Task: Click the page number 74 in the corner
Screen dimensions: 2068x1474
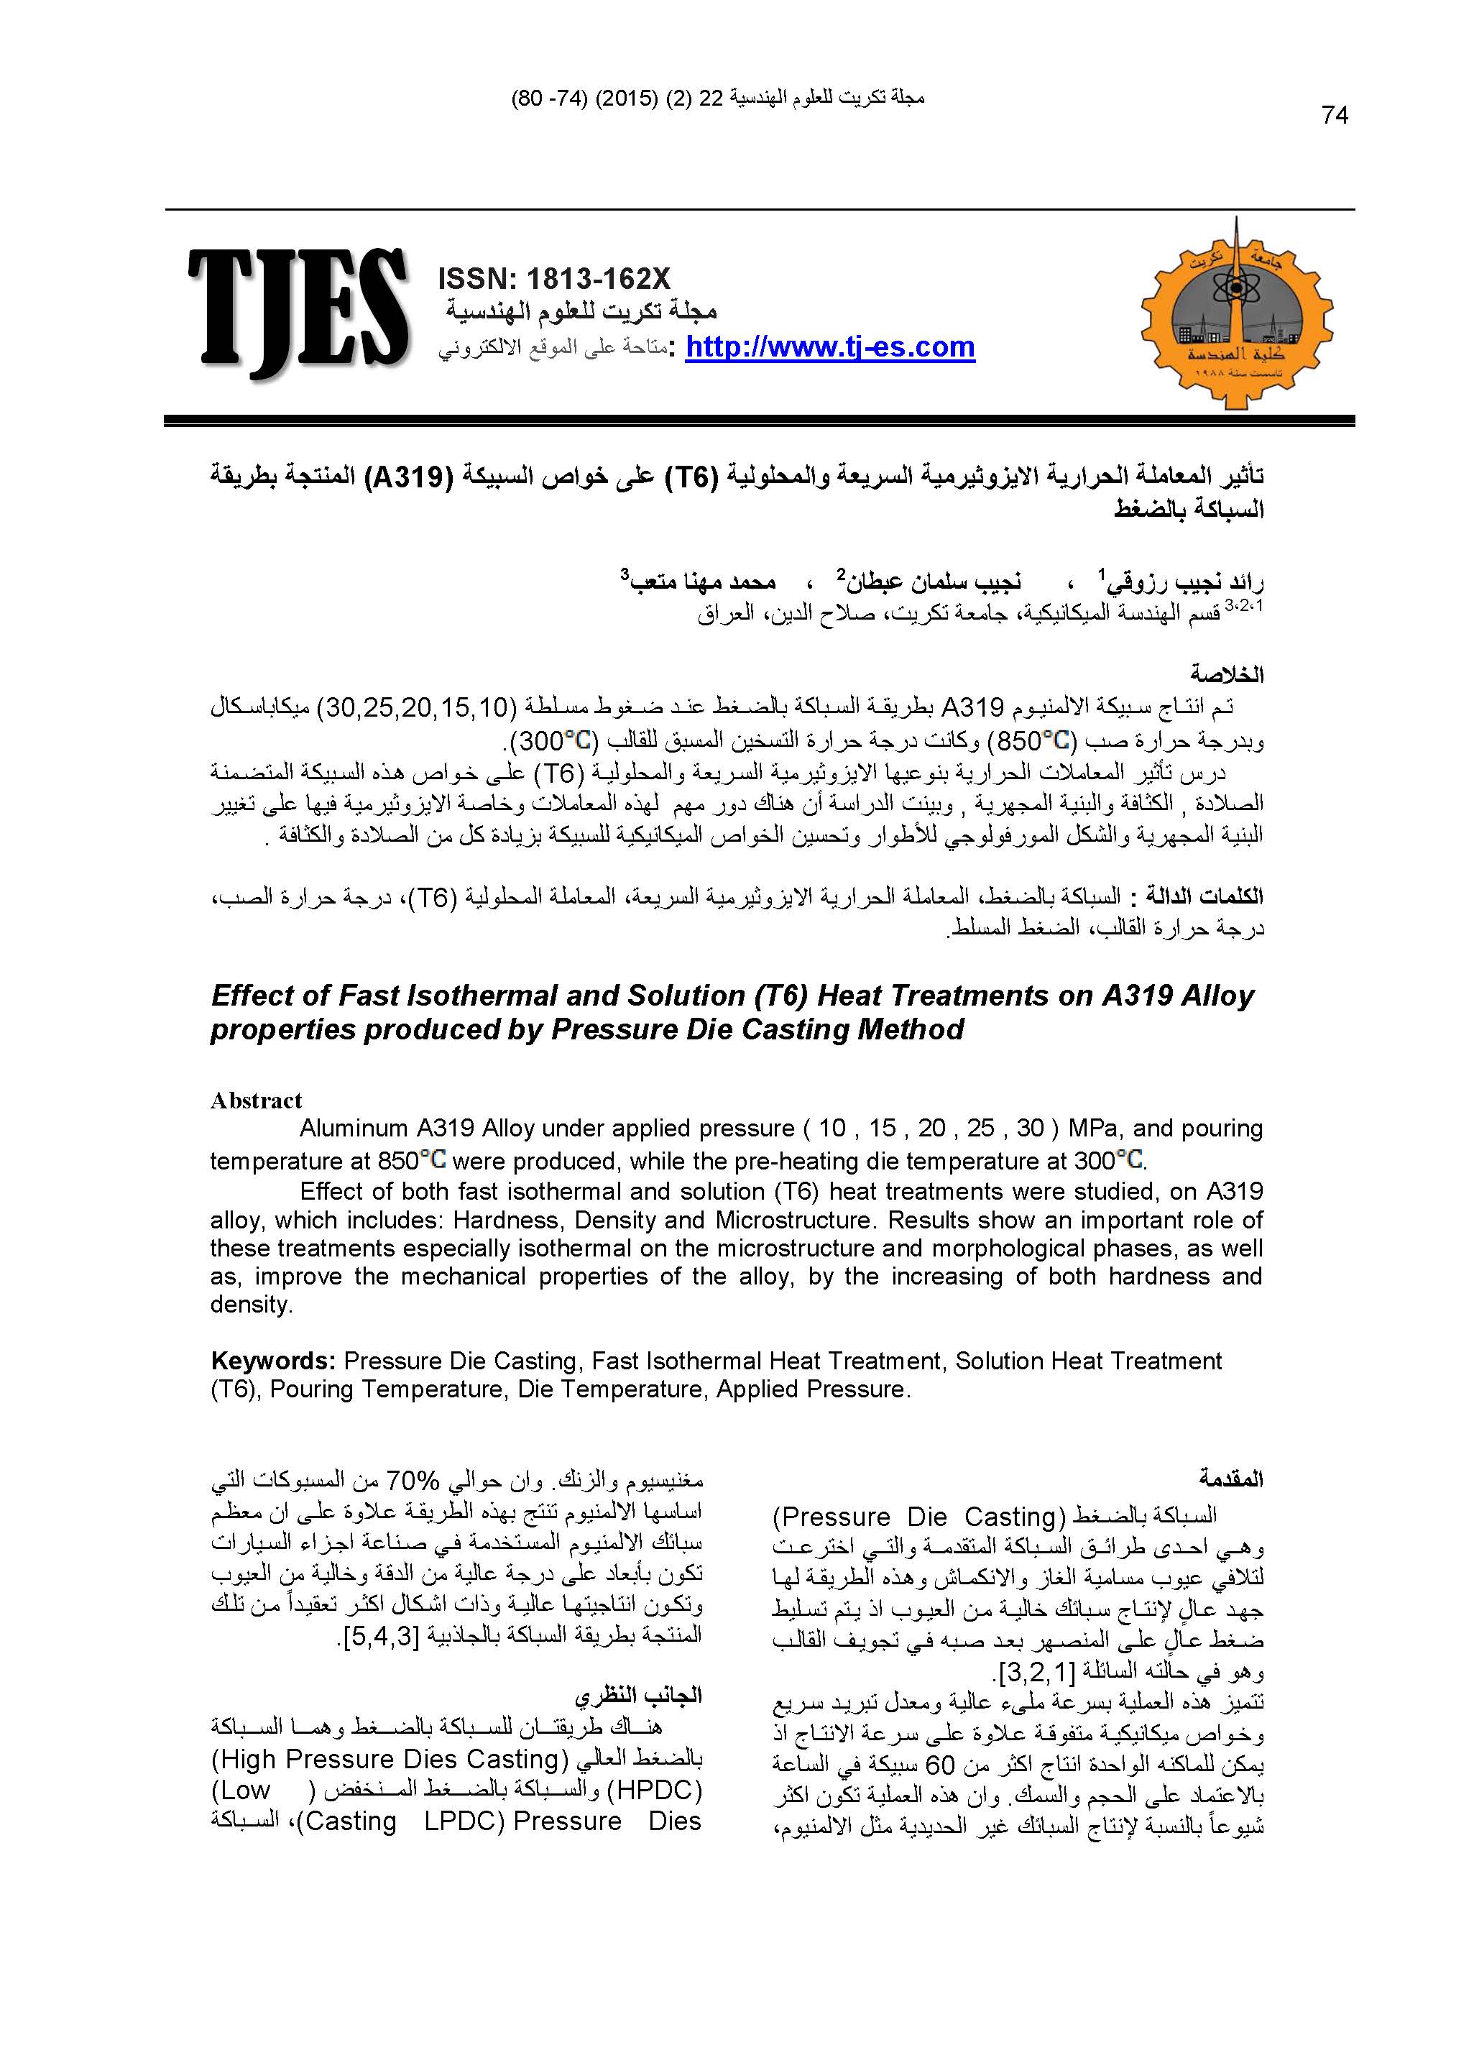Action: (1335, 115)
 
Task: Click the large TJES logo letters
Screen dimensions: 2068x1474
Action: (298, 311)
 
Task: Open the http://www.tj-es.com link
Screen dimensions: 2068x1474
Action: (829, 346)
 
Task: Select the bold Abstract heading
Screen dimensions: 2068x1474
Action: (256, 1100)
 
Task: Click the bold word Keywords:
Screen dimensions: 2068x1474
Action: (274, 1361)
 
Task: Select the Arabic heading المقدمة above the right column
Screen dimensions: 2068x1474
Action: (1231, 1479)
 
